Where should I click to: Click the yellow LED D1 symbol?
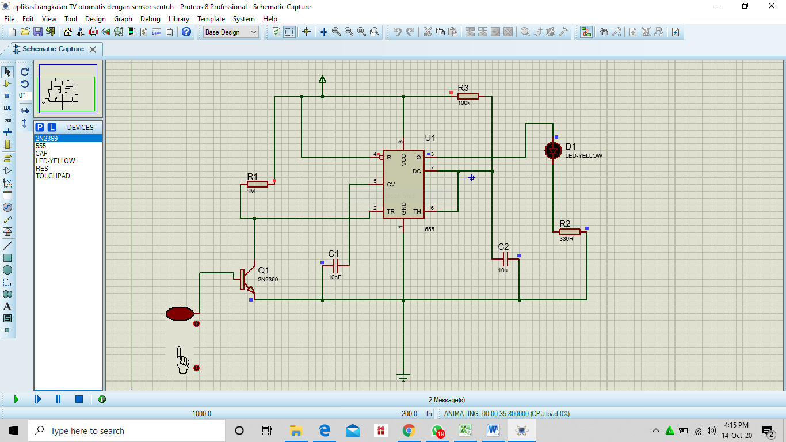[x=553, y=151]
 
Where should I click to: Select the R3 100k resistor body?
[x=468, y=96]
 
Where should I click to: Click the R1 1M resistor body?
[x=257, y=184]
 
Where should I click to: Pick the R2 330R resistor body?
[x=570, y=232]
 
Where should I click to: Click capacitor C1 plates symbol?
[x=335, y=266]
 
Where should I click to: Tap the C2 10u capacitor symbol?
[x=505, y=259]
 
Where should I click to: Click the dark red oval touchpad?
[x=180, y=314]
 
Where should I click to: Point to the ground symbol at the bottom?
[x=403, y=377]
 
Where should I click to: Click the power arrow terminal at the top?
[x=322, y=79]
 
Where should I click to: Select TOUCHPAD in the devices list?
[x=52, y=176]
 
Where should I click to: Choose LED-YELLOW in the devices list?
[x=55, y=161]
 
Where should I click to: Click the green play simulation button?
[x=16, y=399]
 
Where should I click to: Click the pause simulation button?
[x=58, y=399]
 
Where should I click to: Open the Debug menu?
[x=150, y=19]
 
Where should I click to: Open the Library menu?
[x=178, y=19]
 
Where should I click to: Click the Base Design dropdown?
[x=231, y=32]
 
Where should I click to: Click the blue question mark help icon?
[x=186, y=32]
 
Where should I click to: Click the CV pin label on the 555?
[x=391, y=184]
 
